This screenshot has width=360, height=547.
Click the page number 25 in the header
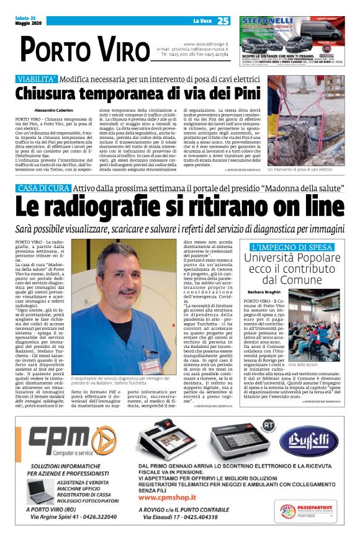[x=223, y=21]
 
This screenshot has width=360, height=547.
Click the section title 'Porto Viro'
[x=77, y=48]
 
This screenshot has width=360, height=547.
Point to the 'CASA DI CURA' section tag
[x=42, y=188]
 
